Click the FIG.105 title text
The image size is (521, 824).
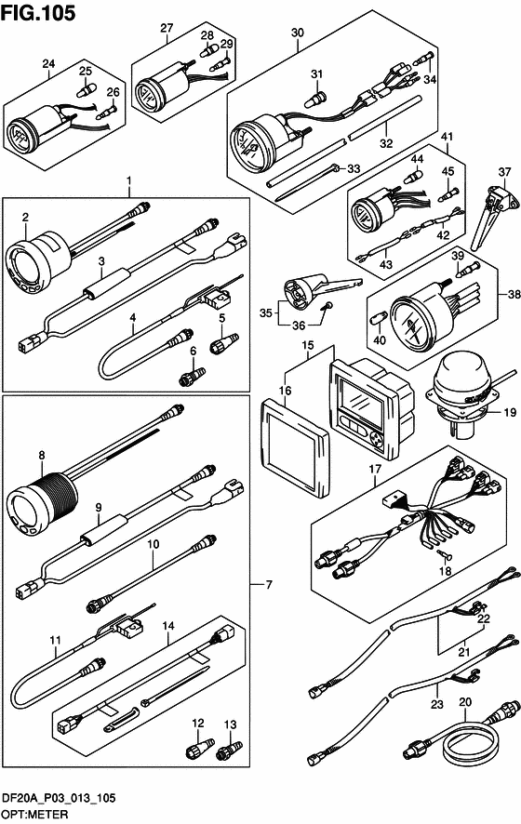[x=38, y=13]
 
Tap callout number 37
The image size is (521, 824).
[x=504, y=172]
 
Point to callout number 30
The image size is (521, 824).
[x=298, y=33]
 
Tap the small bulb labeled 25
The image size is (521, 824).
[x=84, y=89]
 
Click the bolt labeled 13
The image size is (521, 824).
[x=230, y=751]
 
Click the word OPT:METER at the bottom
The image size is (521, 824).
[x=34, y=814]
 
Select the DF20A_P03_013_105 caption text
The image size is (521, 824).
[x=59, y=798]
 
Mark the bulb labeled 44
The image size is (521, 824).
[x=414, y=176]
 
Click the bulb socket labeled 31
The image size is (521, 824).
[x=317, y=98]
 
